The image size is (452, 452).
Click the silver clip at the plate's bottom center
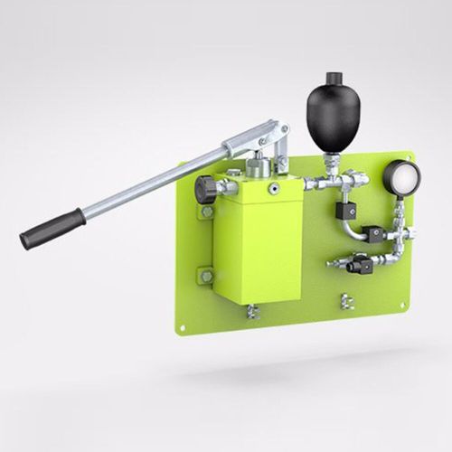344,301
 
